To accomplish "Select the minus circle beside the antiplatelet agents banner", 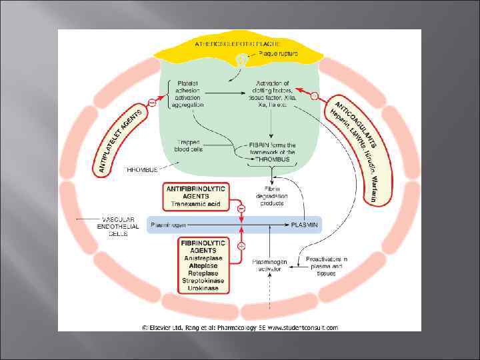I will tap(152, 103).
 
